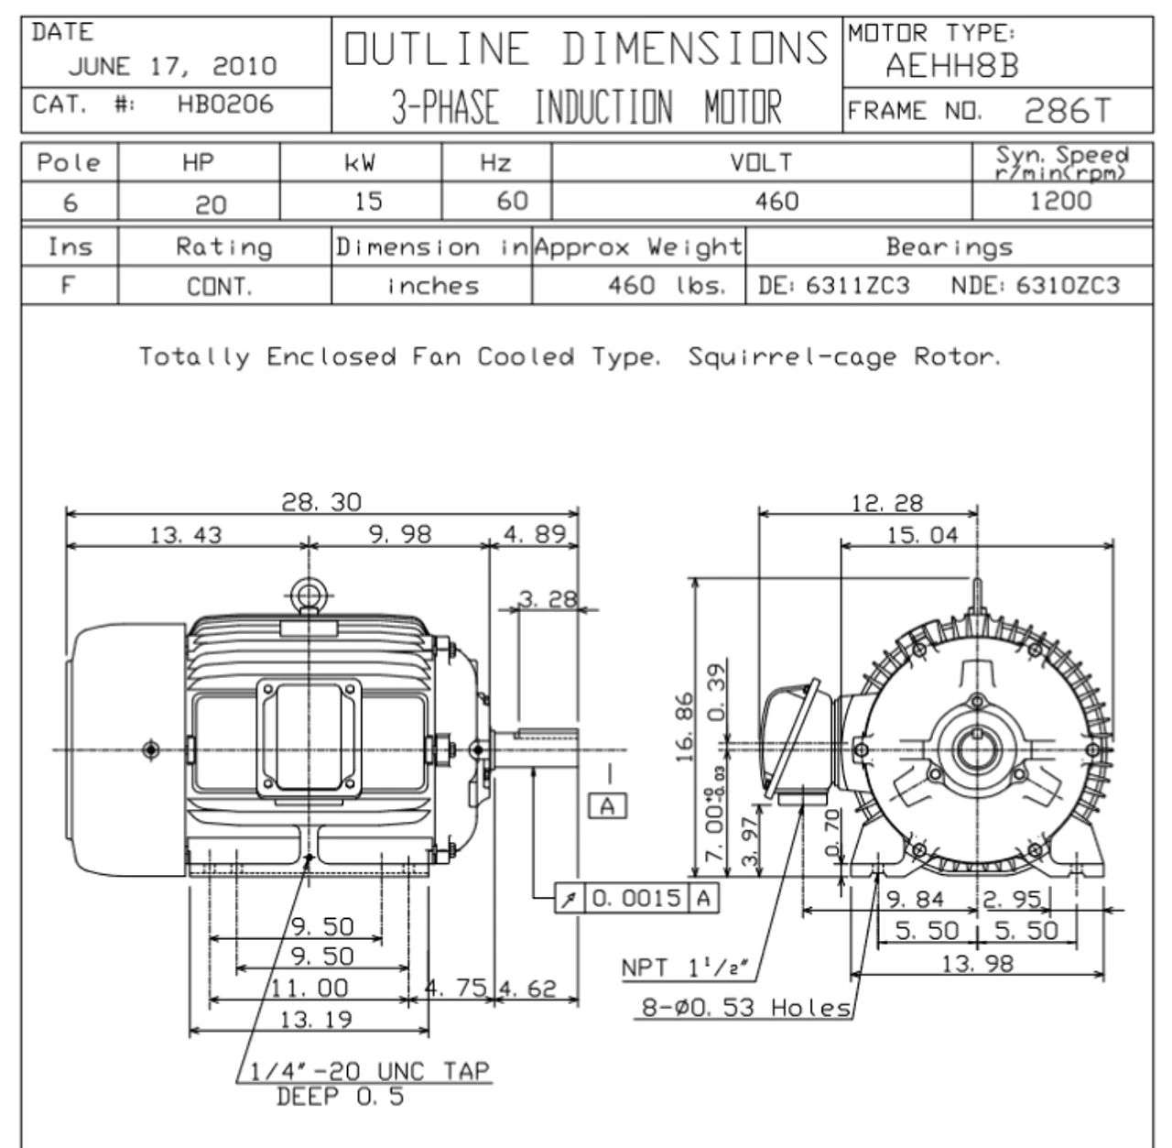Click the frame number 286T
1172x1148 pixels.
pos(1066,111)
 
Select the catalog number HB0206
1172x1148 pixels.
pos(225,104)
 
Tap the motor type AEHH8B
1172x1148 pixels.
pos(952,66)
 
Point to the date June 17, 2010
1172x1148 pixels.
pos(172,66)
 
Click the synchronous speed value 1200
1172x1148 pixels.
pos(1060,201)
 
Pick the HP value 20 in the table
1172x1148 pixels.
pos(211,204)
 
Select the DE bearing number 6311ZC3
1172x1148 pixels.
pos(857,286)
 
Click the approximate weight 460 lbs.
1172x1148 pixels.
pos(666,286)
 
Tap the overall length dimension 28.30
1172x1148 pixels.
pos(321,502)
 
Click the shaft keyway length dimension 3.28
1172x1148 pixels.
pos(548,600)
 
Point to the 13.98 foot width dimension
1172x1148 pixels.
pos(978,963)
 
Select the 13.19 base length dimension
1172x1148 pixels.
pos(316,1019)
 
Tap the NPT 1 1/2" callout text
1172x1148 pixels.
pos(685,968)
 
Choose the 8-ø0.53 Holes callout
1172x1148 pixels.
pos(745,1008)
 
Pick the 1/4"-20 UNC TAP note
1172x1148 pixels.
pos(371,1071)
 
